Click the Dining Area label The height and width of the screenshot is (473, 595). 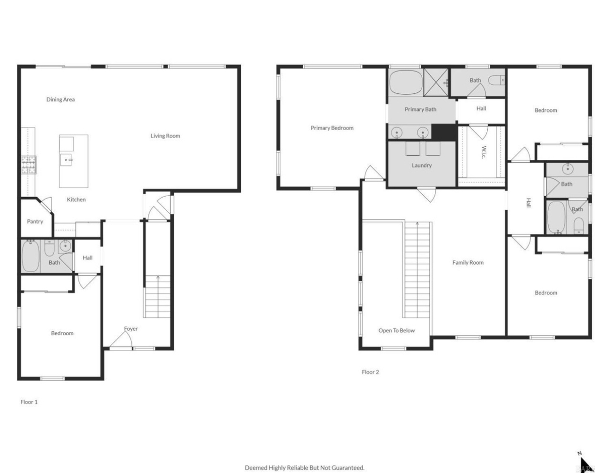pos(60,100)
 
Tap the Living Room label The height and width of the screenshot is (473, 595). pos(165,136)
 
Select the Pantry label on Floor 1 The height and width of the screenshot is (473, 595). pos(35,222)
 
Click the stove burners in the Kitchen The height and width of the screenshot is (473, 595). pos(28,165)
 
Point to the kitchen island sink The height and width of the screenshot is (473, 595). pos(67,160)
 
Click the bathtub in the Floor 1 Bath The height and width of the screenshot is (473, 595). pos(31,256)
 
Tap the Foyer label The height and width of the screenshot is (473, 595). pos(131,329)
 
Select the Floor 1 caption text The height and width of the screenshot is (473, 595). pos(29,402)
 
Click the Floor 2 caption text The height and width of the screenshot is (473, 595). pos(370,372)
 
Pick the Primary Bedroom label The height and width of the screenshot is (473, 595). pos(332,128)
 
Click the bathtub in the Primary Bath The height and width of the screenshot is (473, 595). pos(406,83)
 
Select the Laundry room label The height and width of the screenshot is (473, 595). pos(421,166)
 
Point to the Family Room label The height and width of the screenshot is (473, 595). pos(467,263)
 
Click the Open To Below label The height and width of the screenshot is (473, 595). pos(396,331)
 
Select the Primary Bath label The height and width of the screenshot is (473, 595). pos(420,109)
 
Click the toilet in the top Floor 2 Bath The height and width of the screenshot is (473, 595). pos(496,80)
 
